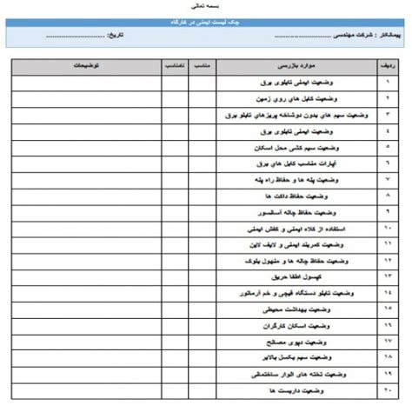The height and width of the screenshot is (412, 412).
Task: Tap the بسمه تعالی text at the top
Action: (205, 5)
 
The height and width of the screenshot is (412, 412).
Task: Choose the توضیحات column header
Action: (84, 65)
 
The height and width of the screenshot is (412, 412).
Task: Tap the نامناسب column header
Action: (173, 65)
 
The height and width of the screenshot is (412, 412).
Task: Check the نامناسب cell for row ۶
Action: (173, 163)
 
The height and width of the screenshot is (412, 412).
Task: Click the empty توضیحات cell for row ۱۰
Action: (84, 229)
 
